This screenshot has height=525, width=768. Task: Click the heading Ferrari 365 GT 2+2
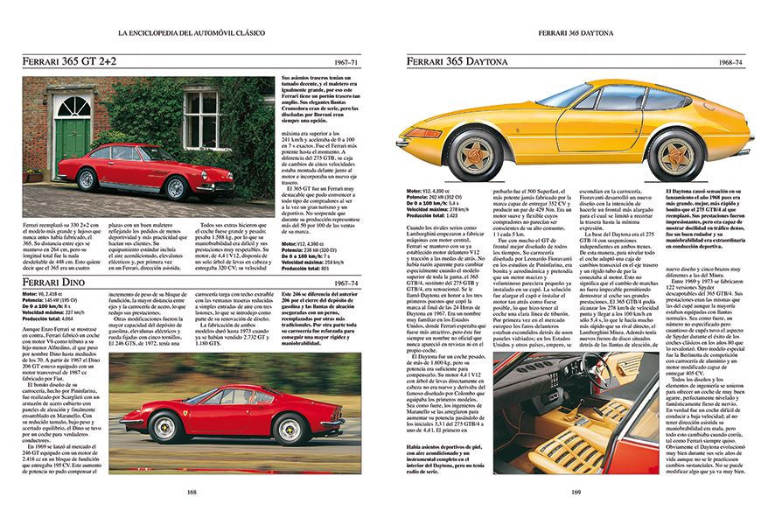(73, 63)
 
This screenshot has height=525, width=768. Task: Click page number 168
(192, 491)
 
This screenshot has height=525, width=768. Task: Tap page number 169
(576, 491)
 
